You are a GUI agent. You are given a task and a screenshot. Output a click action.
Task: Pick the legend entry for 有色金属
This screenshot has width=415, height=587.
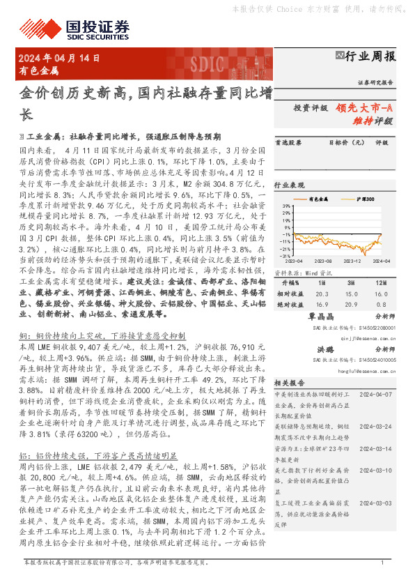click(x=317, y=199)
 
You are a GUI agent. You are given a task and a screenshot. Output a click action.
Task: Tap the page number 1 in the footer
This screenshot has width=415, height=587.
click(x=382, y=581)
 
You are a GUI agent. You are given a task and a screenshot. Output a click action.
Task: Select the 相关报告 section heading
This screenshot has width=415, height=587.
click(x=287, y=383)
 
